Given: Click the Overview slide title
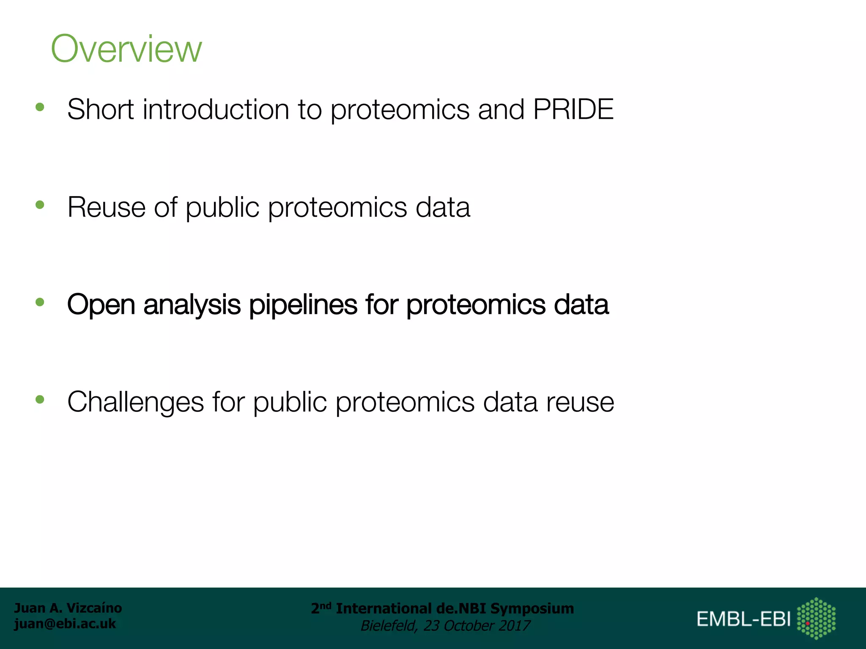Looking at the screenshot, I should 126,49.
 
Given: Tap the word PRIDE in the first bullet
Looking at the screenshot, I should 573,109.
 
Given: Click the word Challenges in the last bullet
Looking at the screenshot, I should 135,402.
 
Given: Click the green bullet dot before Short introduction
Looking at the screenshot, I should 40,107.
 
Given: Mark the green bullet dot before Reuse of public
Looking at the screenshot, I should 40,205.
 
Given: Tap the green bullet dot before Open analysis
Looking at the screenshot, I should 40,302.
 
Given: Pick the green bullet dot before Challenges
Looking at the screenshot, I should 40,399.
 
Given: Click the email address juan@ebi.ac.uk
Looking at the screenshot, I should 65,624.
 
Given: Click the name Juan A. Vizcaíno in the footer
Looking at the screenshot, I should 68,608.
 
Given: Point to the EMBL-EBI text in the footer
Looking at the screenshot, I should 743,619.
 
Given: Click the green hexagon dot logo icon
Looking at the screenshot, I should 816,618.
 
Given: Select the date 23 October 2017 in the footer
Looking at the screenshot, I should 477,626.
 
